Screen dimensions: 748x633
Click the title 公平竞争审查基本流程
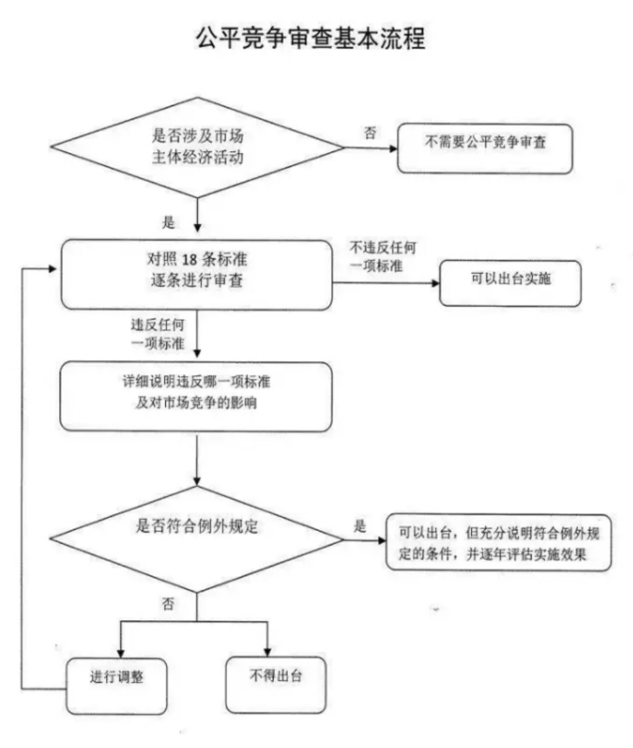pyautogui.click(x=311, y=38)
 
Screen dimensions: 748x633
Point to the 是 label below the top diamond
pyautogui.click(x=168, y=222)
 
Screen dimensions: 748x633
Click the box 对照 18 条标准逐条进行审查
pyautogui.click(x=197, y=274)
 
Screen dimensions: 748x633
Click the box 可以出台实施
pyautogui.click(x=510, y=283)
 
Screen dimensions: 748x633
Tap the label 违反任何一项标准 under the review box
pyautogui.click(x=157, y=333)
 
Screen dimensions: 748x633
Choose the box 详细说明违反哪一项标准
pyautogui.click(x=195, y=396)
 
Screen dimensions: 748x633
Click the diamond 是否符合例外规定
pyautogui.click(x=197, y=541)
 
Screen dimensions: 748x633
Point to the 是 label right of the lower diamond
pyautogui.click(x=359, y=526)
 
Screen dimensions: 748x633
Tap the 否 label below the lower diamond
pyautogui.click(x=168, y=604)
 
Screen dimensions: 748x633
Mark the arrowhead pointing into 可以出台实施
pyautogui.click(x=434, y=284)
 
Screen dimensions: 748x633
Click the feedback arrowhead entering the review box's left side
pyautogui.click(x=56, y=269)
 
